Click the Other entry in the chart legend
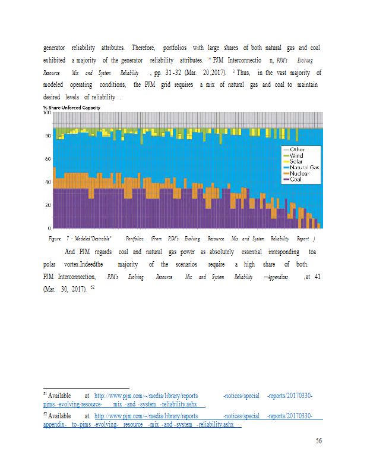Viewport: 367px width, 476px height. point(297,149)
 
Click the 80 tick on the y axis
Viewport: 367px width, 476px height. point(48,136)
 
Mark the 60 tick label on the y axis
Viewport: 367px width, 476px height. point(48,159)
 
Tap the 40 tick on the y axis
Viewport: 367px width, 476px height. point(48,182)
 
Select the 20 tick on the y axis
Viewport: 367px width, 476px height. point(48,205)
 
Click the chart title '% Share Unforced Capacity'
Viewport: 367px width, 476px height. point(71,107)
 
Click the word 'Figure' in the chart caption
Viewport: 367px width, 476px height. point(55,238)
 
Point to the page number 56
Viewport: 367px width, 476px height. point(318,441)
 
